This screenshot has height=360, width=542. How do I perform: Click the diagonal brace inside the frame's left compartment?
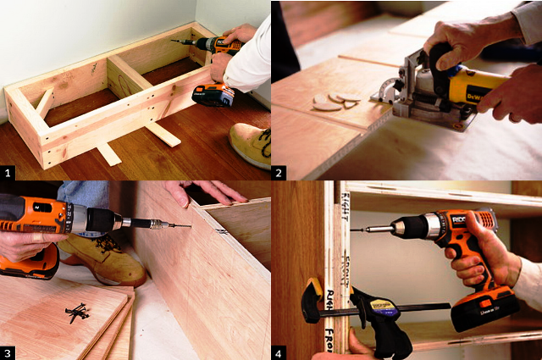[43, 101]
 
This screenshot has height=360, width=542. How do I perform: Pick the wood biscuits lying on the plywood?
[335, 102]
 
